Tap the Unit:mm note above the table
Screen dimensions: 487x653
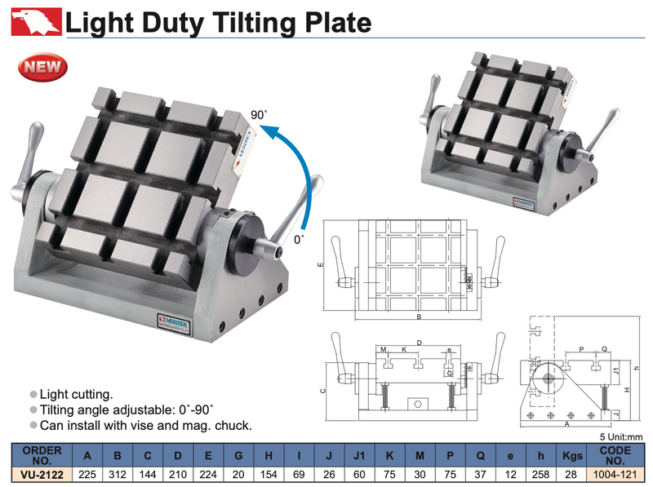(624, 436)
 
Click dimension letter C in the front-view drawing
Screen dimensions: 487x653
(323, 391)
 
